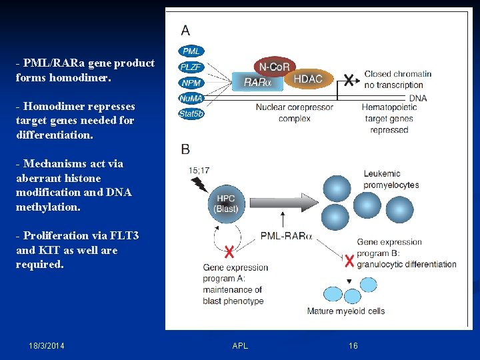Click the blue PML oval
tap(191, 51)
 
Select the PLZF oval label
tap(191, 67)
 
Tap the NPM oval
tap(191, 83)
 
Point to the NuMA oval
tap(191, 98)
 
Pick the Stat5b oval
tap(191, 113)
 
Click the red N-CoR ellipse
tap(273, 67)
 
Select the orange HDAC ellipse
tap(307, 79)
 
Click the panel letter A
tap(185, 30)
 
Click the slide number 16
tap(353, 346)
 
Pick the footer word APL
tap(240, 346)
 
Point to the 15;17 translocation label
tap(199, 171)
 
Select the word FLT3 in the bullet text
tap(124, 235)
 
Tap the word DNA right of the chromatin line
tap(418, 98)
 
